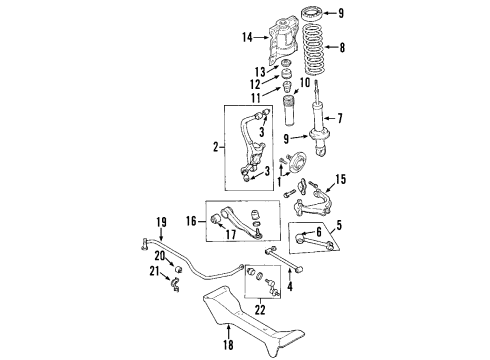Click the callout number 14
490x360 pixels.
pos(247,38)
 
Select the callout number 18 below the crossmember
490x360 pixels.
pos(228,344)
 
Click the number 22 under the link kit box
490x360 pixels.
pos(260,310)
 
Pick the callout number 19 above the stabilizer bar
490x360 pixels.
pos(161,222)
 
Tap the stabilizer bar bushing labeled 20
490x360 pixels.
pos(179,268)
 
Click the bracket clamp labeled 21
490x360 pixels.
pos(175,285)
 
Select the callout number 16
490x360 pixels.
pos(191,221)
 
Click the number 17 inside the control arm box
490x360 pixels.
pos(231,234)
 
